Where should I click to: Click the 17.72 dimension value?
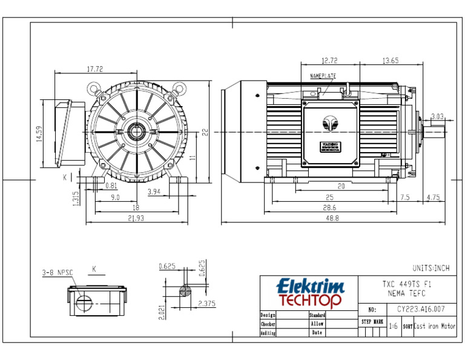tap(94, 68)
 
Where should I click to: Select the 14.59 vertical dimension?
tap(39, 134)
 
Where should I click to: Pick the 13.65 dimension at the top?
tap(391, 61)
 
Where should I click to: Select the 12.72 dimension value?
tap(330, 61)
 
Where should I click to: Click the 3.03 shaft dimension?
tap(437, 116)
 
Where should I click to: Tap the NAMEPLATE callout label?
tap(323, 76)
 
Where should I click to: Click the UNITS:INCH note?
tap(431, 267)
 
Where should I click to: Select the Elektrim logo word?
tap(310, 285)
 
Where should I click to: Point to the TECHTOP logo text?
tap(310, 300)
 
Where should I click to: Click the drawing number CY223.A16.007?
tap(417, 309)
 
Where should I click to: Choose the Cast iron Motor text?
tap(434, 326)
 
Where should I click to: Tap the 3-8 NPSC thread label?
tap(58, 273)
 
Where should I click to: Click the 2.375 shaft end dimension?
tap(207, 303)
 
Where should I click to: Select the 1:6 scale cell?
tap(393, 326)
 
